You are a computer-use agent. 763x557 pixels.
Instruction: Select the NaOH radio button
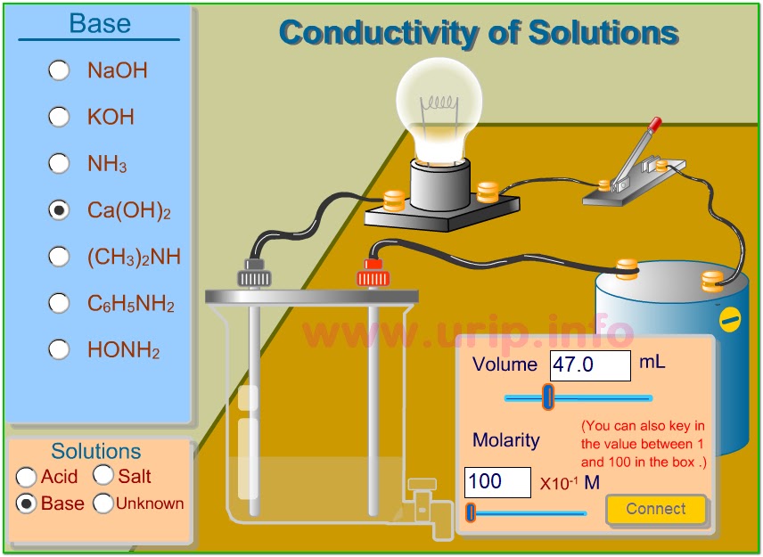tap(59, 70)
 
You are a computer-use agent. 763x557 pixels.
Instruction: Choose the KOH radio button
tap(59, 117)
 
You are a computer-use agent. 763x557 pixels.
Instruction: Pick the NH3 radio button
tap(59, 163)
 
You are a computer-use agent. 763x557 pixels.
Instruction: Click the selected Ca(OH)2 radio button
tap(59, 210)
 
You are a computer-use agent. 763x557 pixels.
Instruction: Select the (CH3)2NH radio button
tap(59, 257)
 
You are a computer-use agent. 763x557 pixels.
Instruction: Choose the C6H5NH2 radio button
tap(59, 303)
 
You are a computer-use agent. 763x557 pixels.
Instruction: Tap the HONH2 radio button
tap(59, 349)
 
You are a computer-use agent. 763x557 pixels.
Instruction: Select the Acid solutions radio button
tap(27, 478)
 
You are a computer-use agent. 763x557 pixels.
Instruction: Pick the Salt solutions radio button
tap(103, 476)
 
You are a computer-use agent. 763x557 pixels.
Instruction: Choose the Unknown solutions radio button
tap(103, 504)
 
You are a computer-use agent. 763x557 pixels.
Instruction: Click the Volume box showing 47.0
tap(589, 365)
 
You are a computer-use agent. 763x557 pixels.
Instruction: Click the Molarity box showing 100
tap(496, 482)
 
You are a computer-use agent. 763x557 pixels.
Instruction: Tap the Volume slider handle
tap(548, 397)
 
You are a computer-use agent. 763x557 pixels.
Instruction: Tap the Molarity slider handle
tap(471, 512)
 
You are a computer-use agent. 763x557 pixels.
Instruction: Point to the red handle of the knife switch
tap(654, 126)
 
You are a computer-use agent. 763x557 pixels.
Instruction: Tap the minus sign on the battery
tap(730, 319)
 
